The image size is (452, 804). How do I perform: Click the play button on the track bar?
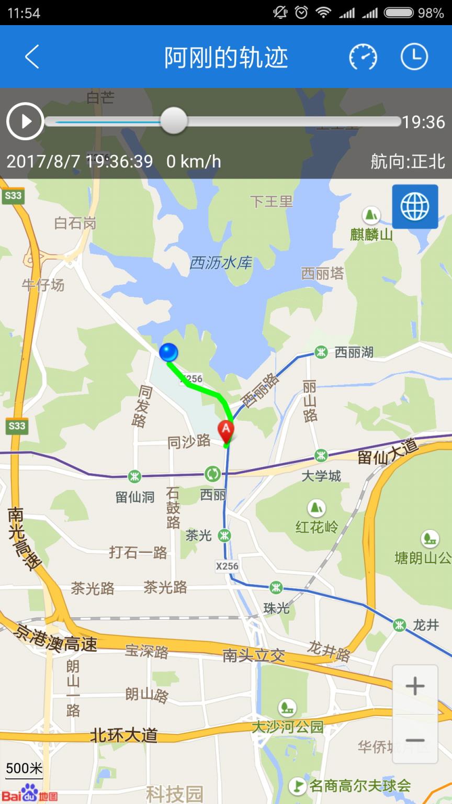pyautogui.click(x=25, y=121)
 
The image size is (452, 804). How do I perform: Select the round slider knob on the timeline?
pyautogui.click(x=173, y=121)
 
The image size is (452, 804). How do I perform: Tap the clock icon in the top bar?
pyautogui.click(x=414, y=57)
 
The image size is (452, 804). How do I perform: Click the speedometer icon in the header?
pyautogui.click(x=363, y=57)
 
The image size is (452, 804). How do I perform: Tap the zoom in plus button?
pyautogui.click(x=415, y=686)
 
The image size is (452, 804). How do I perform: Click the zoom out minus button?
pyautogui.click(x=415, y=740)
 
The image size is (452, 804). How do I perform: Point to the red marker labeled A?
pyautogui.click(x=226, y=430)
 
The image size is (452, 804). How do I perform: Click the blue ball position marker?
pyautogui.click(x=168, y=352)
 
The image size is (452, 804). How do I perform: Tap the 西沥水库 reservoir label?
pyautogui.click(x=220, y=262)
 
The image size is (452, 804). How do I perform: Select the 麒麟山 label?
pyautogui.click(x=371, y=234)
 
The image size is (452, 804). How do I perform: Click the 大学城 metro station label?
pyautogui.click(x=321, y=475)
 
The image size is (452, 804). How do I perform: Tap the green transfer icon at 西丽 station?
pyautogui.click(x=212, y=474)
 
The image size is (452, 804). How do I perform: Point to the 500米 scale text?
pyautogui.click(x=24, y=768)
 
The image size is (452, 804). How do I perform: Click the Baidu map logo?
pyautogui.click(x=31, y=794)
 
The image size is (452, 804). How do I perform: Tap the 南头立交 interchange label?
pyautogui.click(x=254, y=655)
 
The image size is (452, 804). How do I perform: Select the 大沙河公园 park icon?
pyautogui.click(x=287, y=708)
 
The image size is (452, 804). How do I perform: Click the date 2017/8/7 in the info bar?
pyautogui.click(x=43, y=161)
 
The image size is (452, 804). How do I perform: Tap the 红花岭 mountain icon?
pyautogui.click(x=316, y=508)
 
